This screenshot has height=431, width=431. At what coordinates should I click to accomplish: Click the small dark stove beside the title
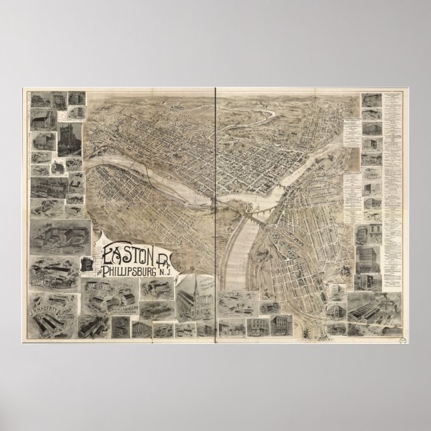coord(88,263)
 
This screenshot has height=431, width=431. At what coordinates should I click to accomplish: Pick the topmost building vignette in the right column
coord(369,100)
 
